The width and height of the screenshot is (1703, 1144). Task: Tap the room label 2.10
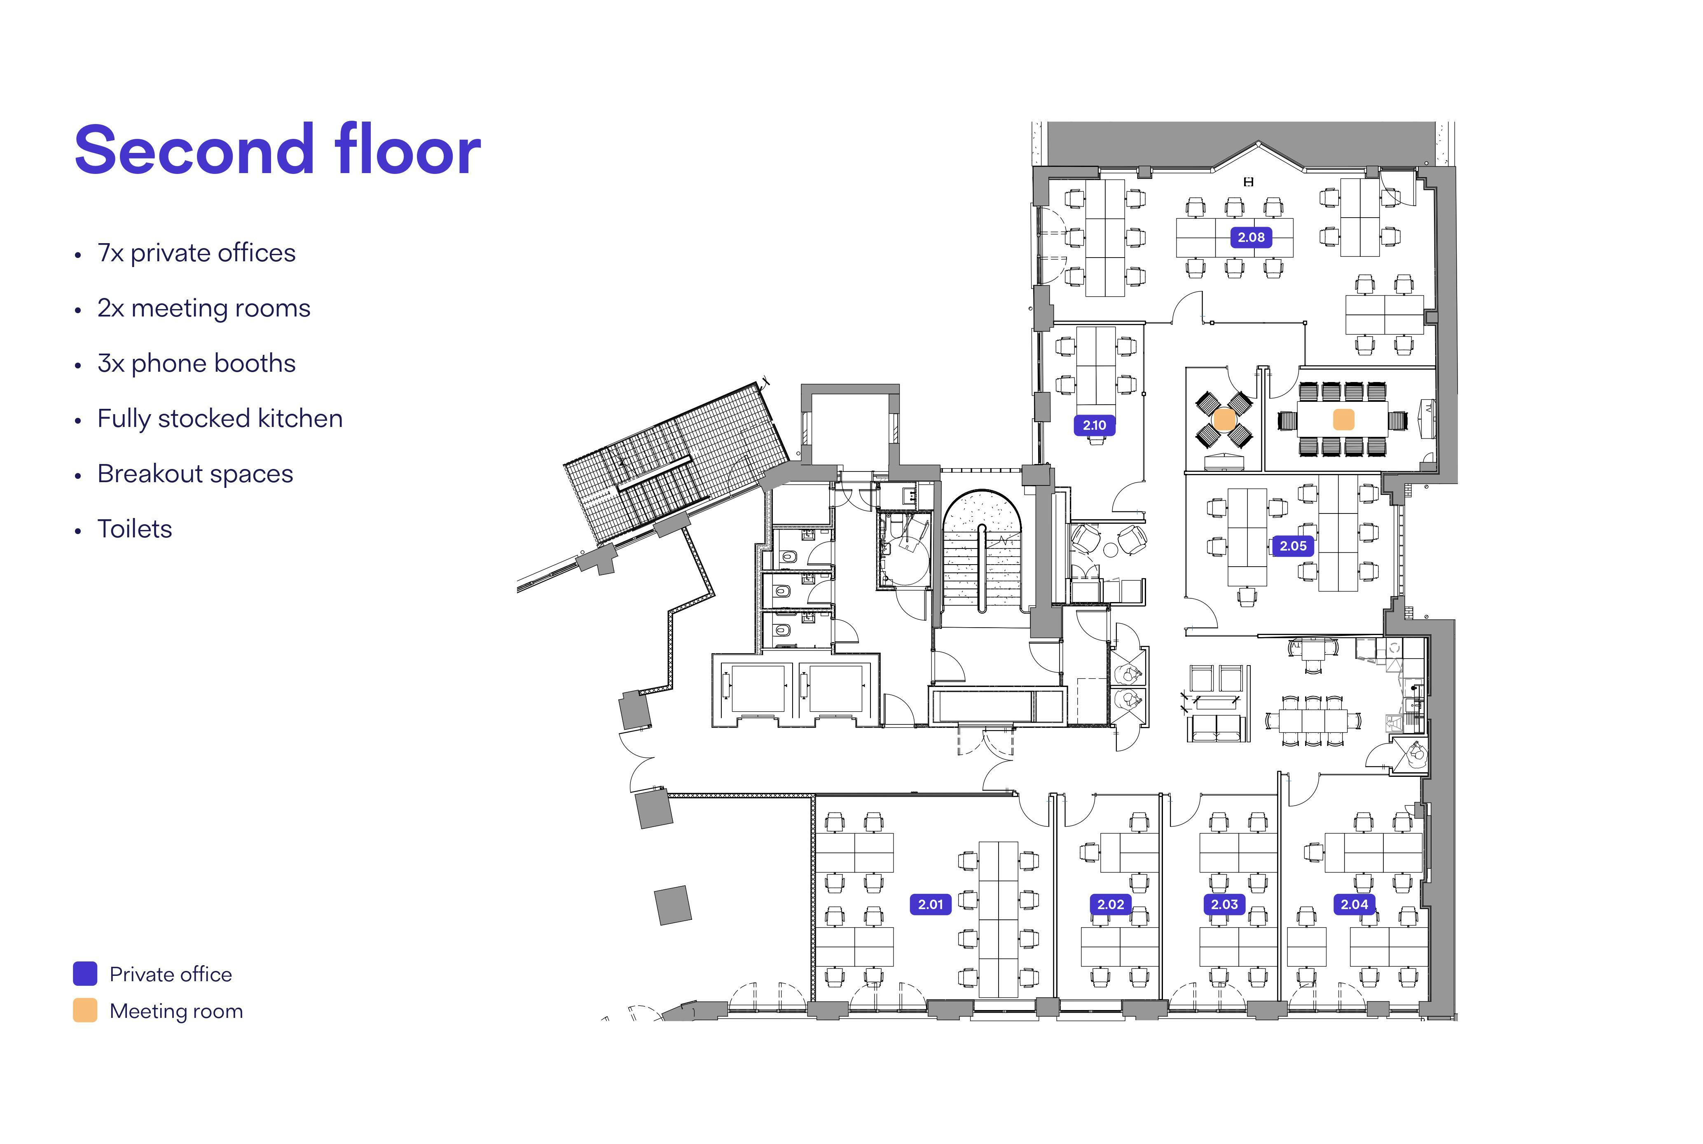point(1094,424)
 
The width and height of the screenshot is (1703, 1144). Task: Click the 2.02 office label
point(1110,904)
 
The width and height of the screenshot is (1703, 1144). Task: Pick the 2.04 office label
point(1354,904)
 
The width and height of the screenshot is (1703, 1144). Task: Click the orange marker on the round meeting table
point(1224,420)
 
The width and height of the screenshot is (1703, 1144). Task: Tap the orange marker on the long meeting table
point(1343,420)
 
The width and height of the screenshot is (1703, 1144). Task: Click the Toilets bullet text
point(135,529)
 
